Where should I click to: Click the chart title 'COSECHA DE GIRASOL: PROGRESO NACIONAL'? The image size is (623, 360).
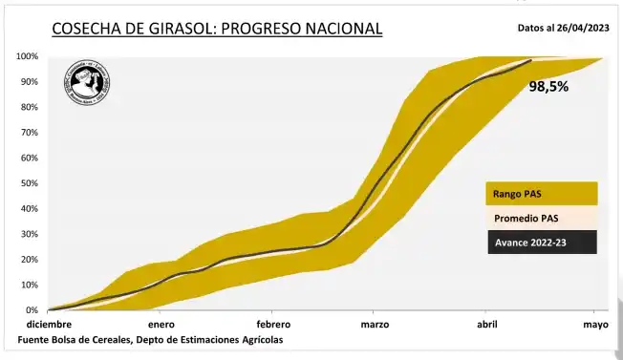[216, 29]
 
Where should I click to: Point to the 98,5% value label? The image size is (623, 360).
[548, 87]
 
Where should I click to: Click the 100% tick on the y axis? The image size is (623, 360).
[27, 57]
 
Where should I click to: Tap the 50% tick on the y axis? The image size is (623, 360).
[29, 183]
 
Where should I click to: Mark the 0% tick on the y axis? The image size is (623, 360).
[32, 310]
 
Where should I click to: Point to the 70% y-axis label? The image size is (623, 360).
[29, 133]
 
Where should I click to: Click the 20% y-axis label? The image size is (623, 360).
[29, 260]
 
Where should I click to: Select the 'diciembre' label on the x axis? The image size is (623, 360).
[49, 325]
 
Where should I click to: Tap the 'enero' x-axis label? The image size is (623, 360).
[161, 325]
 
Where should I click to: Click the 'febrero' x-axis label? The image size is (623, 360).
[273, 325]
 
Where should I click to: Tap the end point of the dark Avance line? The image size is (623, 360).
[531, 61]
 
